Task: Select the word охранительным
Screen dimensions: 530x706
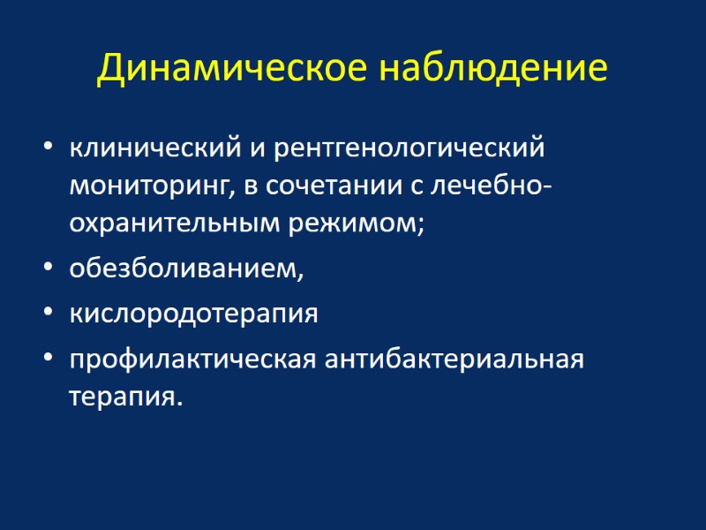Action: pyautogui.click(x=175, y=223)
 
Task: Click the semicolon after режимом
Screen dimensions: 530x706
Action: pyautogui.click(x=421, y=226)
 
